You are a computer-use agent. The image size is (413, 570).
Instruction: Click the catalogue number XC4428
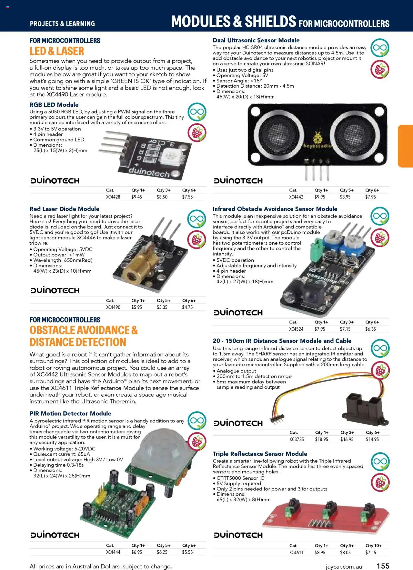point(113,197)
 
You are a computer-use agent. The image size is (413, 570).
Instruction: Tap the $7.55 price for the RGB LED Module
point(187,197)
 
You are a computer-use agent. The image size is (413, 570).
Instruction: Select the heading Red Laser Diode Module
point(64,209)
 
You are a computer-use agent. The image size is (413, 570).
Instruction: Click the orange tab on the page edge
point(406,146)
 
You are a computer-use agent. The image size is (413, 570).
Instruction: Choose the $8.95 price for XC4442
point(345,197)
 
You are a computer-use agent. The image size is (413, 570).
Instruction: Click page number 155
point(383,566)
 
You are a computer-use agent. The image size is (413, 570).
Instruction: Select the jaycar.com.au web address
point(344,566)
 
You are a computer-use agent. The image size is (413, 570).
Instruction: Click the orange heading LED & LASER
point(57,51)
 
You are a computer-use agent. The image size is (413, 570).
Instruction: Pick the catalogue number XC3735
point(296,439)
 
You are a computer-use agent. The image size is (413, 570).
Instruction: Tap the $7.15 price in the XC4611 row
point(371,552)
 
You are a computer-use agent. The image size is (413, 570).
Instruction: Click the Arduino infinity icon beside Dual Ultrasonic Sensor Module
point(380,48)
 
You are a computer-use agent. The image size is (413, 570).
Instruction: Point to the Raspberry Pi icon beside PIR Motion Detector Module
point(197,441)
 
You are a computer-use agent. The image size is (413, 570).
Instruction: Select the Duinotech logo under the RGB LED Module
point(55,181)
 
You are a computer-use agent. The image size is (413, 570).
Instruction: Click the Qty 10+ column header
point(373,546)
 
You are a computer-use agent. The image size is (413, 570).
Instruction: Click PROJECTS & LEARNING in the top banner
point(62,24)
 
